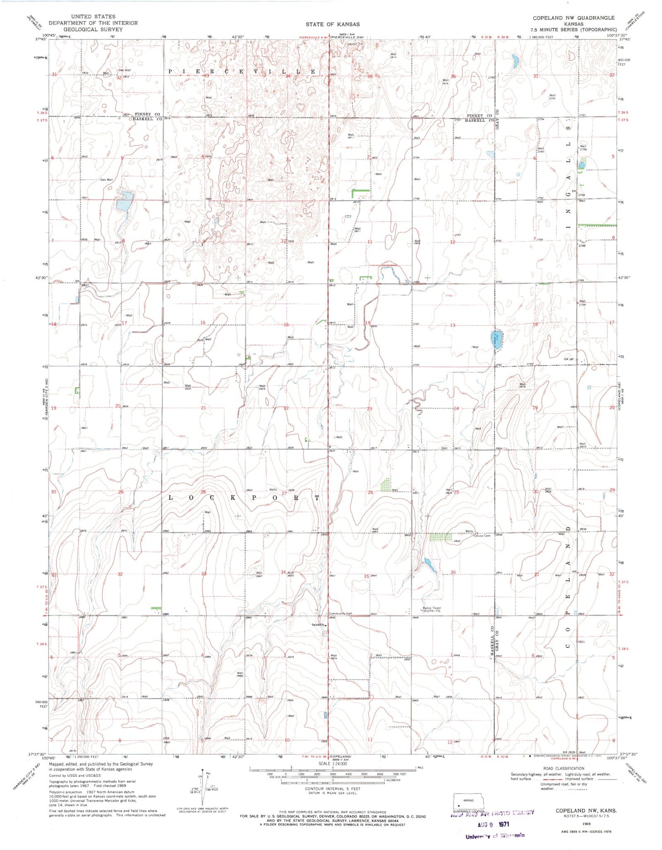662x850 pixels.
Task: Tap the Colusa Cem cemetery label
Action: click(x=481, y=536)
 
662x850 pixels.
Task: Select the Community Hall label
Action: click(x=340, y=614)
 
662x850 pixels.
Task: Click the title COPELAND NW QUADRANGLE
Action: click(x=573, y=18)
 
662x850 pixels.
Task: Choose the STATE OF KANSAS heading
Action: click(x=333, y=24)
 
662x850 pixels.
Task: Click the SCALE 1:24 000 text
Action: click(x=333, y=763)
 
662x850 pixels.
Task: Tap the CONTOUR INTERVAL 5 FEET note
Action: click(x=333, y=789)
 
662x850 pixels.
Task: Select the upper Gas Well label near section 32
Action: click(x=124, y=70)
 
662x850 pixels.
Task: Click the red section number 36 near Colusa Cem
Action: click(x=453, y=572)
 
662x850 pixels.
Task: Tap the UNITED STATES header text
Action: click(x=93, y=16)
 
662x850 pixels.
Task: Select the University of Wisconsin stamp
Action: click(x=495, y=836)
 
